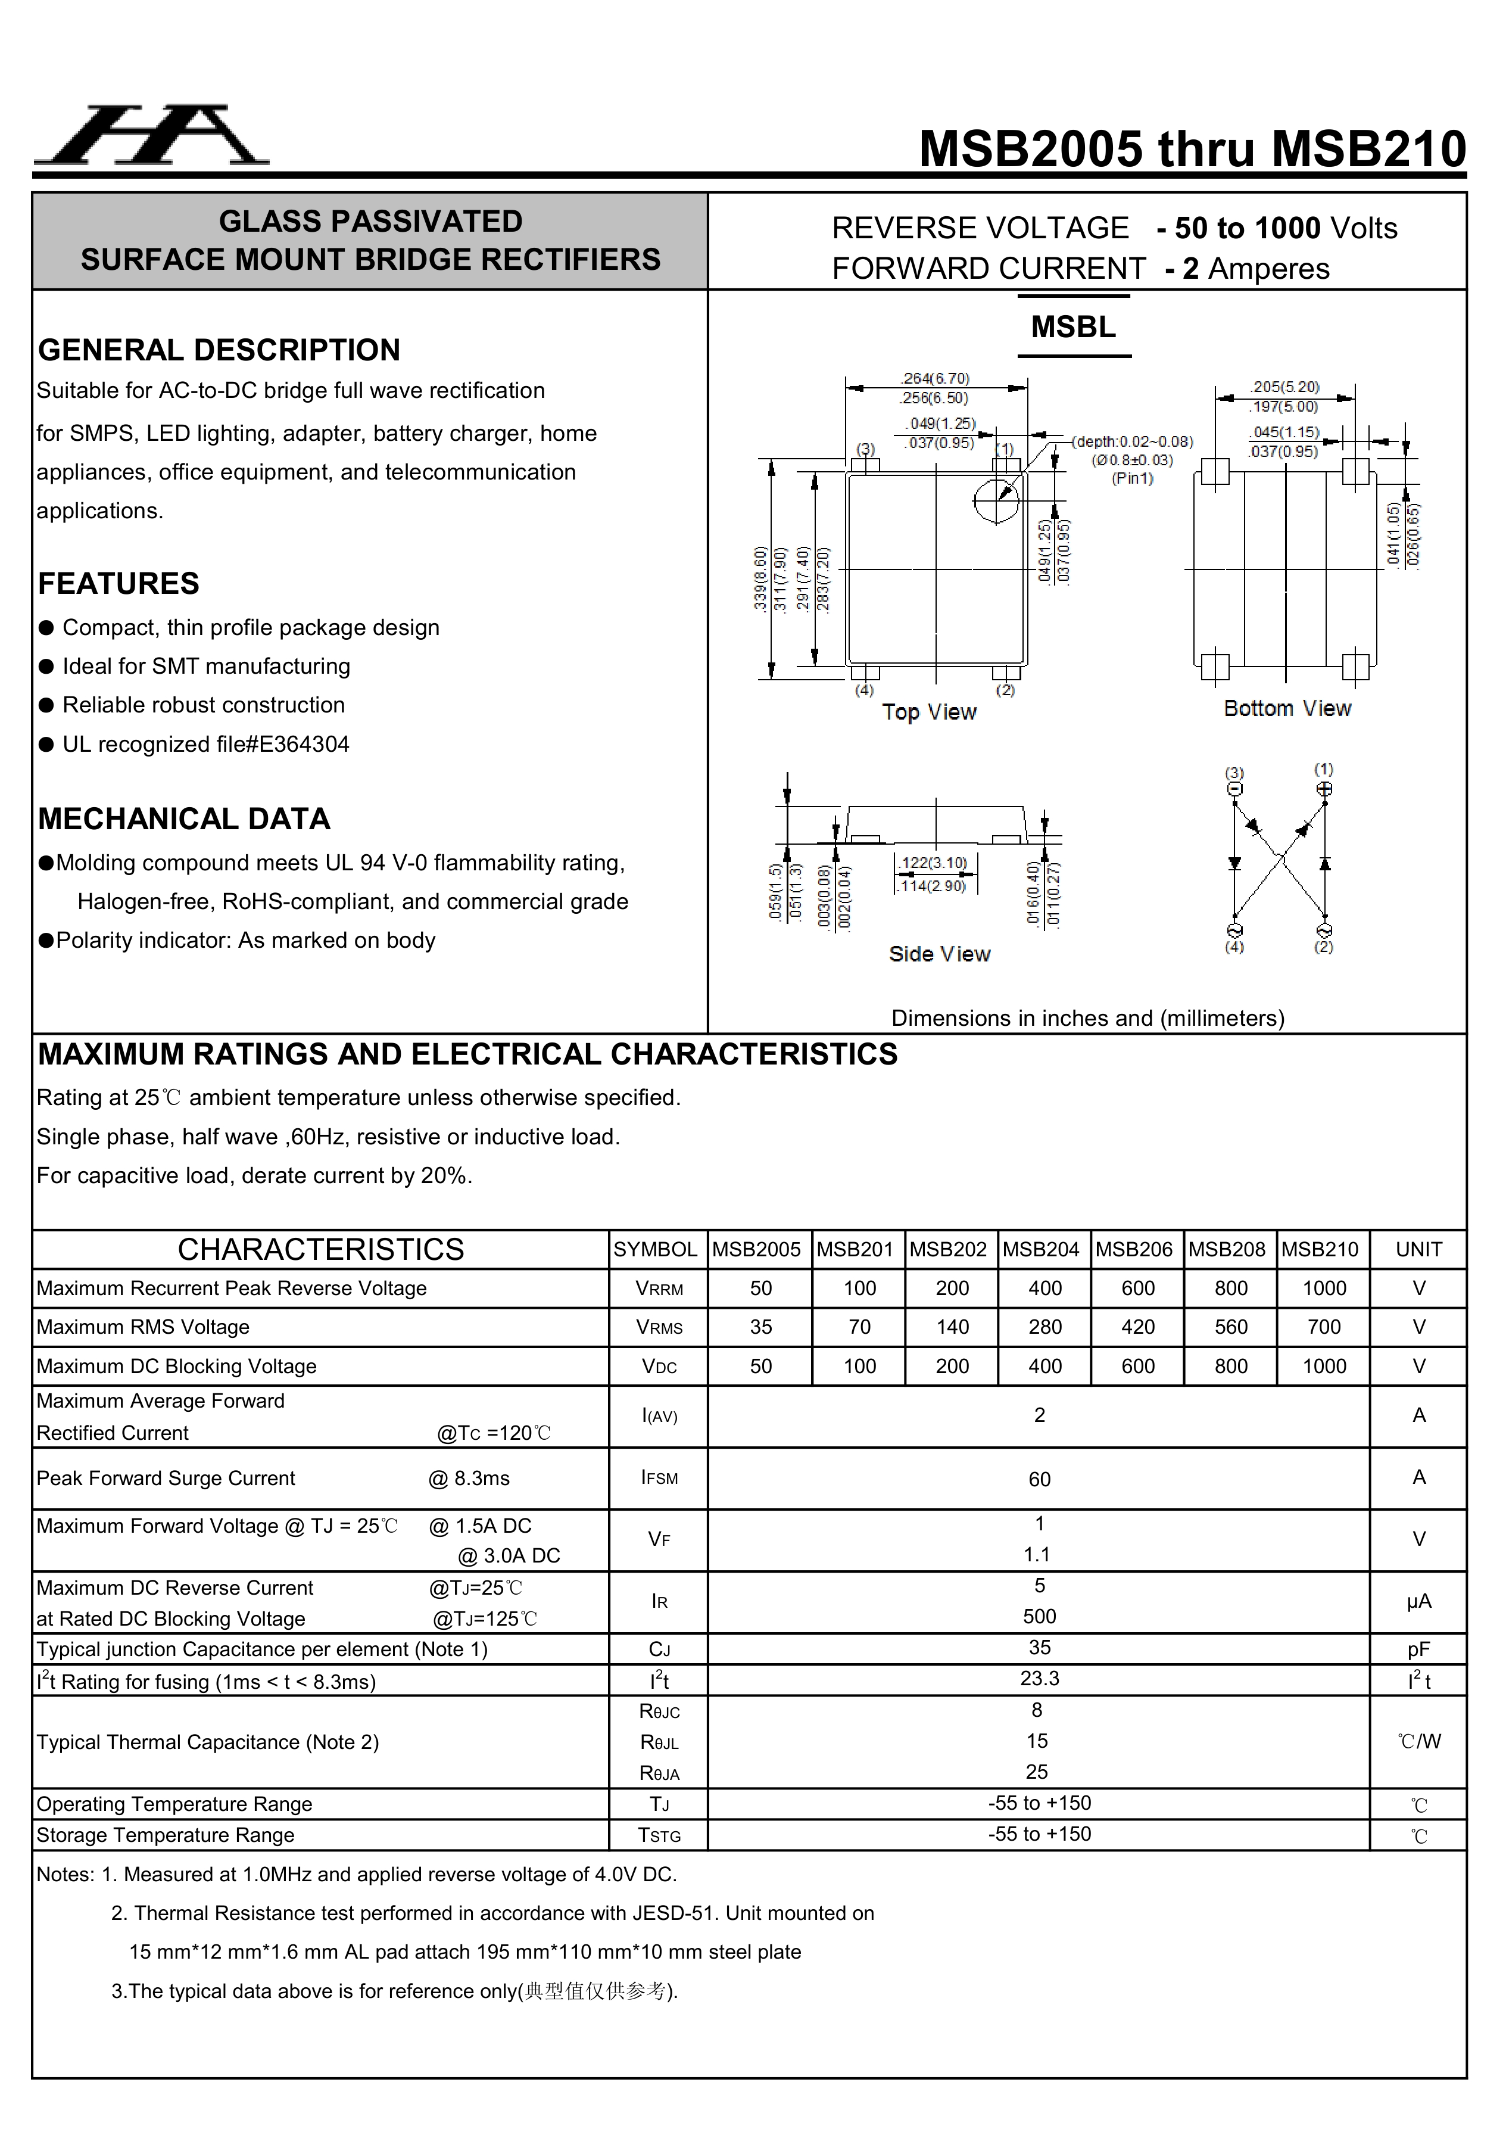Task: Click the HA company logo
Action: (151, 136)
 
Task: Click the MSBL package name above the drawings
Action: (1073, 327)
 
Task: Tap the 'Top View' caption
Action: (928, 712)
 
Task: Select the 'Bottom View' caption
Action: (1287, 708)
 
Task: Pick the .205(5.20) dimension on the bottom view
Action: (1284, 386)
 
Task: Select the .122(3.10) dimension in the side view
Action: (933, 863)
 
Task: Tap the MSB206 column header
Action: (1134, 1249)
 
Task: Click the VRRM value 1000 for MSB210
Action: (1323, 1288)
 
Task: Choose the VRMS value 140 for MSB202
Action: (952, 1327)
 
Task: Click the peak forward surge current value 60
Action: (1039, 1479)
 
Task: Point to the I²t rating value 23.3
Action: (1039, 1679)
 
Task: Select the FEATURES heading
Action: (119, 583)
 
